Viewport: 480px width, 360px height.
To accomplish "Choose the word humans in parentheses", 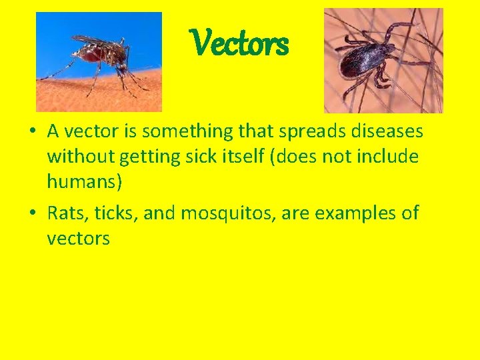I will point(83,181).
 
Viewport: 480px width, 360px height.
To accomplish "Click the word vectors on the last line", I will point(78,238).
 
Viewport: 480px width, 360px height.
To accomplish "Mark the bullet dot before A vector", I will point(32,132).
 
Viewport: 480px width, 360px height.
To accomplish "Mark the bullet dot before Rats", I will point(32,214).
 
